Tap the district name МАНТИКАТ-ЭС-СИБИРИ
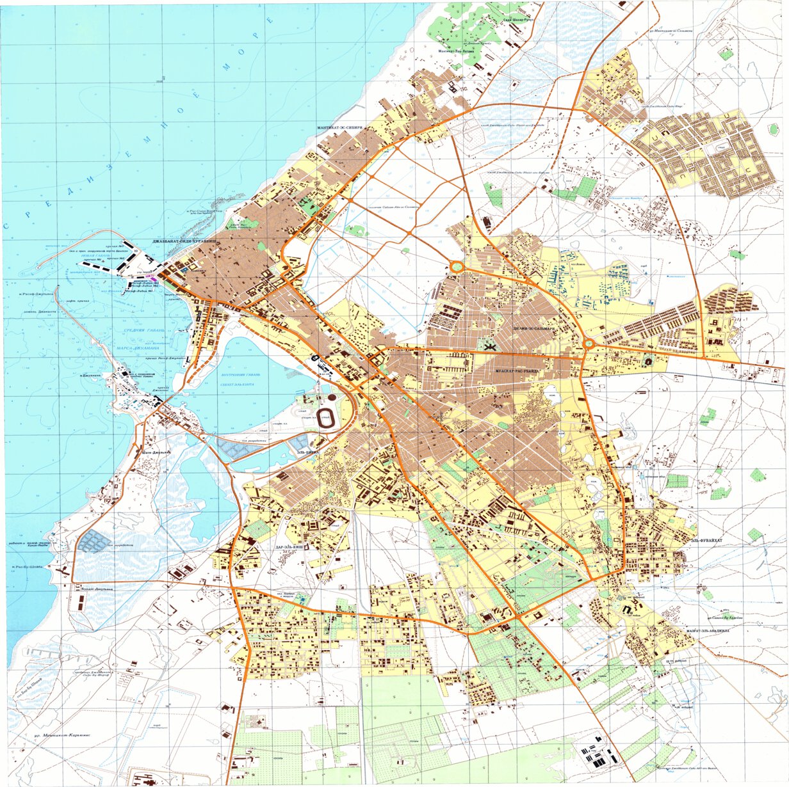point(340,128)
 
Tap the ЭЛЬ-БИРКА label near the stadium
point(308,452)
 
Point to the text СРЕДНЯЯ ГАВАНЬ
point(144,330)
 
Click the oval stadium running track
point(326,417)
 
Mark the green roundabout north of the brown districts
point(456,266)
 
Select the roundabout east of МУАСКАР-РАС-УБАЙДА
point(588,344)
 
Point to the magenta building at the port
point(149,276)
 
